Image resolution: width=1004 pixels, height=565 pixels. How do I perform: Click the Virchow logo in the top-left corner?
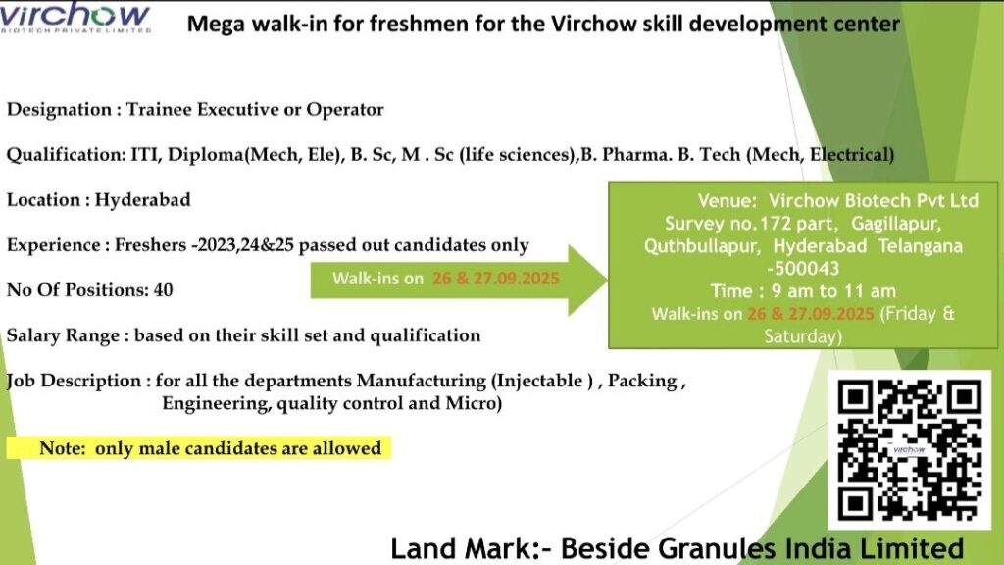coord(75,19)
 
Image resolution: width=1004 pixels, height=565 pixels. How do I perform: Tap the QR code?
coord(909,450)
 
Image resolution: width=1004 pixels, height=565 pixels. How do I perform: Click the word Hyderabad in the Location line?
coord(143,200)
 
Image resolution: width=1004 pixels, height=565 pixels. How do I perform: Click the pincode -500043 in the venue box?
coord(803,268)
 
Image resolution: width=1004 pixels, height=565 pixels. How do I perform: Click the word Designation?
coord(59,110)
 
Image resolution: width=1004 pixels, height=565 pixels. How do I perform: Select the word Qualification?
coord(63,155)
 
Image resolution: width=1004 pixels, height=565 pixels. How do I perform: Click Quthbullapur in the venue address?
coord(700,245)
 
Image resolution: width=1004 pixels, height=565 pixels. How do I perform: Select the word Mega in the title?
coord(213,23)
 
